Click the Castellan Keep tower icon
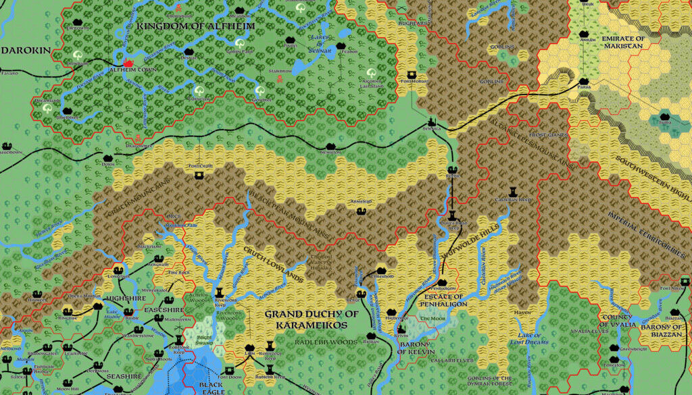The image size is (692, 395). click(x=514, y=191)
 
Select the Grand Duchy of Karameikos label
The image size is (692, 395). click(x=311, y=319)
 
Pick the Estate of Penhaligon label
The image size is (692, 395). click(x=443, y=300)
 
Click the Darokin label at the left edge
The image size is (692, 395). click(x=22, y=50)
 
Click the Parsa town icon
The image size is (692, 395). click(x=584, y=82)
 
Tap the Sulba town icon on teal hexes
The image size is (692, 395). click(x=665, y=120)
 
